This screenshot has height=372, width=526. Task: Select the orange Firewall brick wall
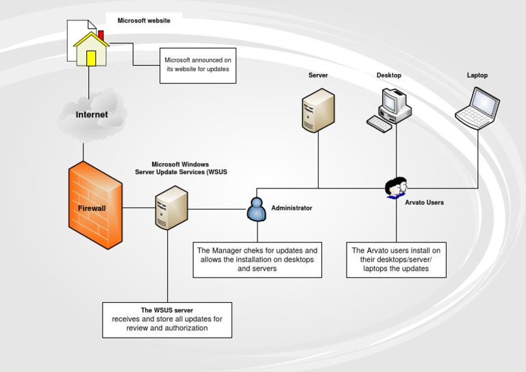point(95,206)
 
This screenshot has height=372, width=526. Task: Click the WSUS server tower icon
point(170,209)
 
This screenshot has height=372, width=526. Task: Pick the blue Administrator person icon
point(255,209)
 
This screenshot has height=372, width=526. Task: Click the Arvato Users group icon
point(396,186)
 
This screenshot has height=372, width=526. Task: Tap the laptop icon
point(477,107)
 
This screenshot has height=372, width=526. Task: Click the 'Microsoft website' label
point(144,21)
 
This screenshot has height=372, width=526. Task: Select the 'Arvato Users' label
point(424,203)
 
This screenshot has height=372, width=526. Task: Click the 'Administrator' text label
point(291,208)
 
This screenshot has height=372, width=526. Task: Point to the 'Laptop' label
point(477,75)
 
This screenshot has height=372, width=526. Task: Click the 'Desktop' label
point(388,75)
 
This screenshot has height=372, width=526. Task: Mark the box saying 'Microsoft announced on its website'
point(198,65)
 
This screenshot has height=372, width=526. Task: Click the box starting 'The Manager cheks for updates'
point(257,260)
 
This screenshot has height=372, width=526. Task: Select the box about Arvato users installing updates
point(396,260)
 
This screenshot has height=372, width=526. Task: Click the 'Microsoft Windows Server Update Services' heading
point(179,169)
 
